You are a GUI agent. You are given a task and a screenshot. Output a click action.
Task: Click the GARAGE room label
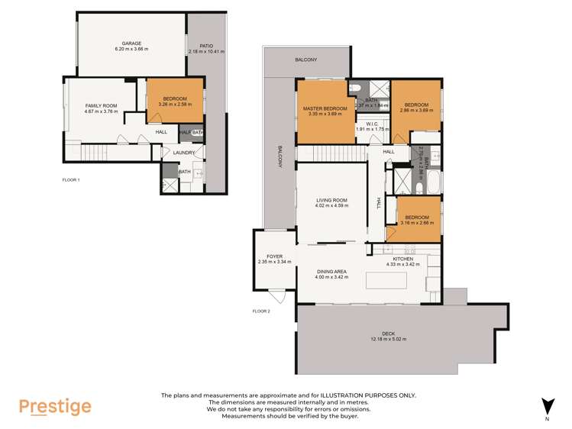pyautogui.click(x=131, y=44)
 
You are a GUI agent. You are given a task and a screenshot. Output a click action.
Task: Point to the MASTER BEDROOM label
pyautogui.click(x=325, y=109)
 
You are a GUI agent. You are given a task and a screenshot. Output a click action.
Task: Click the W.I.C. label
pyautogui.click(x=373, y=124)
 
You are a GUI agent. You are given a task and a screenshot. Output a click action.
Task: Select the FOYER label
pyautogui.click(x=274, y=256)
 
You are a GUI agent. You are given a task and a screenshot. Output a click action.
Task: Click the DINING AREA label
pyautogui.click(x=332, y=271)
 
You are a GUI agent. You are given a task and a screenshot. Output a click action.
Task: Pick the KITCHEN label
pyautogui.click(x=402, y=260)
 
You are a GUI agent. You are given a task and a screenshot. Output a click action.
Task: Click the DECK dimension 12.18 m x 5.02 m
pyautogui.click(x=389, y=339)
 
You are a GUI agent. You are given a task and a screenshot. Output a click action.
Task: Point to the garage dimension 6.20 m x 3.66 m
pyautogui.click(x=131, y=50)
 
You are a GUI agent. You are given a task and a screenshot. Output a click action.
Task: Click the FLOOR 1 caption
pyautogui.click(x=71, y=179)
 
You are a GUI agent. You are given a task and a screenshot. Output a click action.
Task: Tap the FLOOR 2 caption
pyautogui.click(x=261, y=311)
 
